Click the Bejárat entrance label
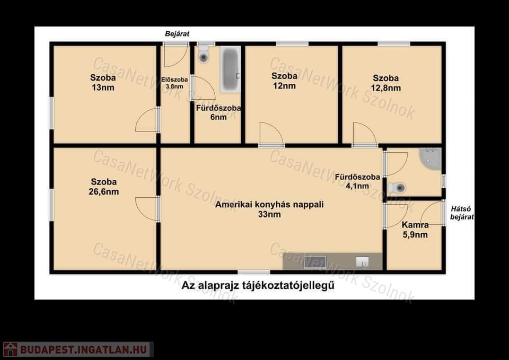point(177,34)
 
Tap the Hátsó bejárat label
point(462,213)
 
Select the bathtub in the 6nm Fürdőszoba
point(230,69)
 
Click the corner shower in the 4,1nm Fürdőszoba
point(431,159)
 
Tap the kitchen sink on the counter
point(362,261)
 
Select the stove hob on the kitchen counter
point(315,262)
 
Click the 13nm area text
point(103,87)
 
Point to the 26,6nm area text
point(104,191)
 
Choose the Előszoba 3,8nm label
point(174,83)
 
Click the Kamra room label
point(415,225)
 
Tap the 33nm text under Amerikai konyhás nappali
point(269,214)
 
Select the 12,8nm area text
point(386,88)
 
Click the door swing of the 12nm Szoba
point(271,134)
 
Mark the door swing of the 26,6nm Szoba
point(147,209)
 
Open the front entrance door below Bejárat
point(176,55)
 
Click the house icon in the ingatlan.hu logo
point(10,349)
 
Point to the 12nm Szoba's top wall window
point(292,44)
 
